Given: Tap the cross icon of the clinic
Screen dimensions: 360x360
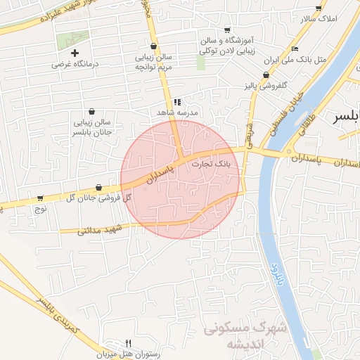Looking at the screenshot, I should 75,53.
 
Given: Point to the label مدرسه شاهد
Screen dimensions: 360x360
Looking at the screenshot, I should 179,112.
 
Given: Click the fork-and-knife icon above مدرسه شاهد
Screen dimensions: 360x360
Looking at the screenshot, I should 179,101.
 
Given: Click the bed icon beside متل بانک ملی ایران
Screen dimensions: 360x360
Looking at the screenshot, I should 295,49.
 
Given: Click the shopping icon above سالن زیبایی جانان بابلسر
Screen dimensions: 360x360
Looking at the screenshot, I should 92,111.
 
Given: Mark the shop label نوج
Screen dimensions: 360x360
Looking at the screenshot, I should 40,208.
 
